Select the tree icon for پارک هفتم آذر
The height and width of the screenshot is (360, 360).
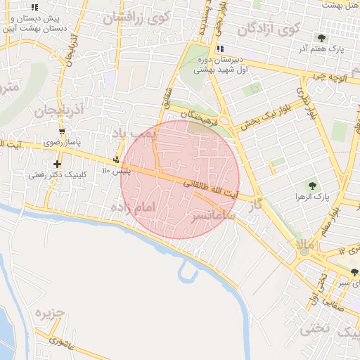322,38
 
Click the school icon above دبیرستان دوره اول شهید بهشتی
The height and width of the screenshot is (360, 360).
221,49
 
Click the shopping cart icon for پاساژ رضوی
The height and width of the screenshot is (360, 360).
63,131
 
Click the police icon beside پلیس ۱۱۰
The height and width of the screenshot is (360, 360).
116,160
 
